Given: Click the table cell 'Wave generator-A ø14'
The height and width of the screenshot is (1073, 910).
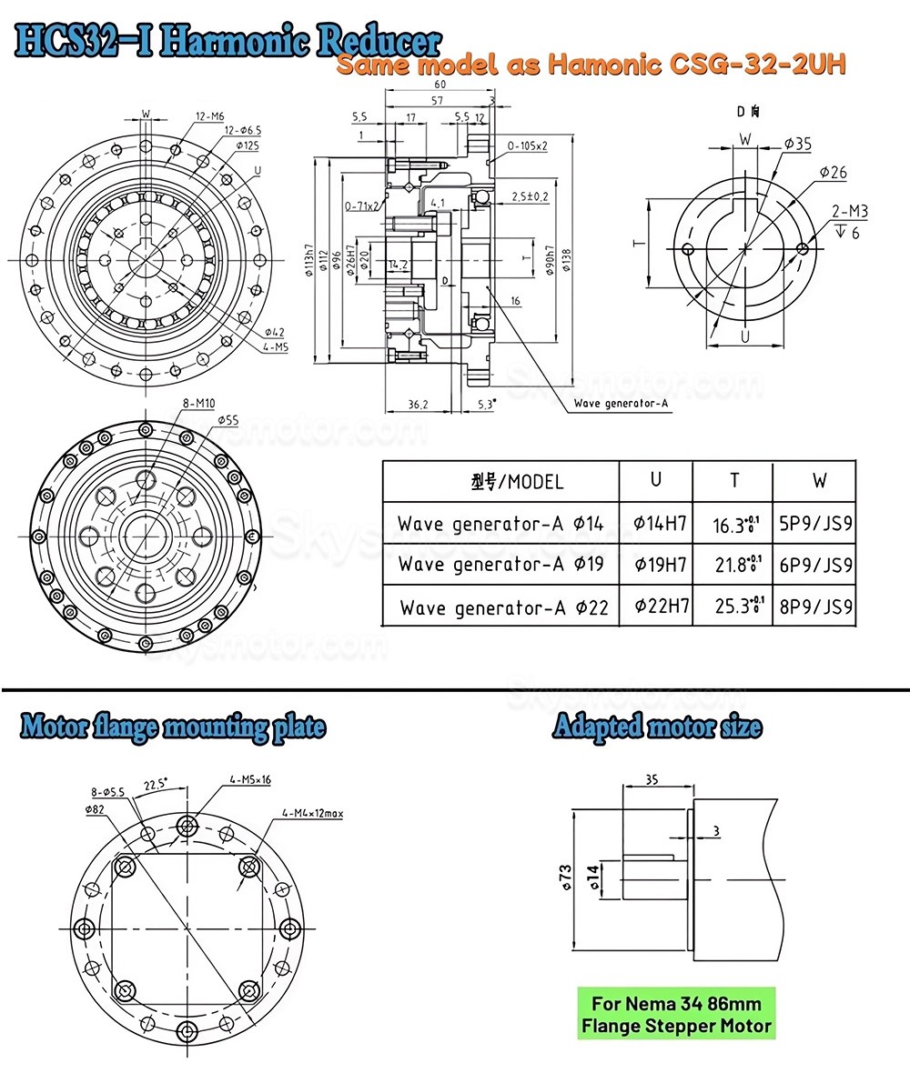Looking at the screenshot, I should [x=500, y=524].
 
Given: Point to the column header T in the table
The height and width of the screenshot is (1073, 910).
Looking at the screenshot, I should [x=734, y=480].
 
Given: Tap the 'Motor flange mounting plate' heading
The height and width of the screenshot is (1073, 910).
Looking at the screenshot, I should [x=173, y=727].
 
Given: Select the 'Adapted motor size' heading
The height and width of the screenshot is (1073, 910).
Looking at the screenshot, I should [x=657, y=727].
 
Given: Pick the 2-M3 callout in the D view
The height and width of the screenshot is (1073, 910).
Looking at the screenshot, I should [x=849, y=213].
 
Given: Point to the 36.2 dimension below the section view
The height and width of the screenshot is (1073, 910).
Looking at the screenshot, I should [x=419, y=405].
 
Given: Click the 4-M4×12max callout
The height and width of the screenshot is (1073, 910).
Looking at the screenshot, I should [x=311, y=812].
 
